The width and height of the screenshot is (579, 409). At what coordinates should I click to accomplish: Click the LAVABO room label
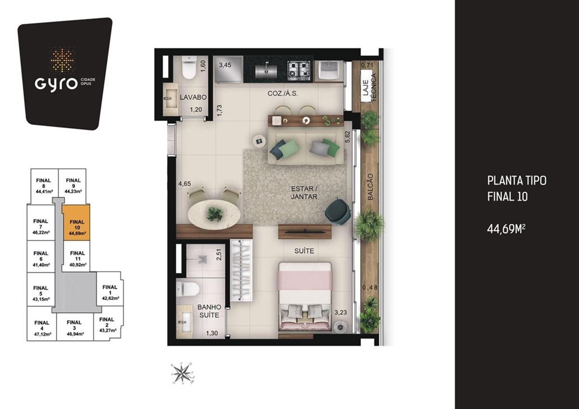(193, 97)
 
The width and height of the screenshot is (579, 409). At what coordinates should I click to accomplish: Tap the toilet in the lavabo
(190, 68)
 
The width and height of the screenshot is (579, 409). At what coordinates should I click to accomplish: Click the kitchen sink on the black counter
(266, 69)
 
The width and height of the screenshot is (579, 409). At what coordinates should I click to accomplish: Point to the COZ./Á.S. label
(283, 94)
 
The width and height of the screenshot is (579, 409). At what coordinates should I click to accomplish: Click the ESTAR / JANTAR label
(304, 193)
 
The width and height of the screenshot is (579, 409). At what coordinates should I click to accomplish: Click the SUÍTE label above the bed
(304, 251)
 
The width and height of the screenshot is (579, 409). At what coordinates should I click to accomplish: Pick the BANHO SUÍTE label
(209, 311)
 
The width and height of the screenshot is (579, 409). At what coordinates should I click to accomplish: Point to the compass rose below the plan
(182, 373)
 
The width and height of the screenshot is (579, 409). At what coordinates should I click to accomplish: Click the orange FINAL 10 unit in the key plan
(76, 223)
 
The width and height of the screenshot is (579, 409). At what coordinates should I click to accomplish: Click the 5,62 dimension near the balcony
(347, 137)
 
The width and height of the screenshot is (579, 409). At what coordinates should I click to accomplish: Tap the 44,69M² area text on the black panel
(506, 229)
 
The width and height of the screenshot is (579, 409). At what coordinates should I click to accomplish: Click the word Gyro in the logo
(55, 84)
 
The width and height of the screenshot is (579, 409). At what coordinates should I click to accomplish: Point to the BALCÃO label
(370, 187)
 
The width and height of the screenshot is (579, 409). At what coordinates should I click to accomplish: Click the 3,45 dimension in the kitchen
(225, 65)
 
